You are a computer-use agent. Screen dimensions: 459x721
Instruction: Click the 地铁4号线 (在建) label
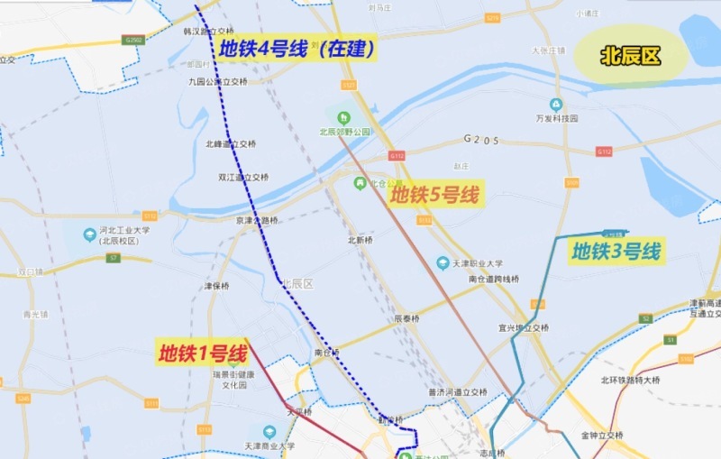pyautogui.click(x=296, y=49)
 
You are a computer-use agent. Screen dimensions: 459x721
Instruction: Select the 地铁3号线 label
pyautogui.click(x=616, y=251)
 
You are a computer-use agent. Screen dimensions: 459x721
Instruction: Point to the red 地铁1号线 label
pyautogui.click(x=203, y=353)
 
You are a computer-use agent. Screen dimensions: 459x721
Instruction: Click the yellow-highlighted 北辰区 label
pyautogui.click(x=631, y=56)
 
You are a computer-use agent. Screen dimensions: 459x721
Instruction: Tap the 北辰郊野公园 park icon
pyautogui.click(x=342, y=115)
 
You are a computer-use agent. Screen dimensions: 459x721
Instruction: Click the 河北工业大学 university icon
pyautogui.click(x=89, y=234)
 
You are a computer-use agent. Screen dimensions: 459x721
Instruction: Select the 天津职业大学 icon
pyautogui.click(x=443, y=263)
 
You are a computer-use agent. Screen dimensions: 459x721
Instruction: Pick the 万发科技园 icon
pyautogui.click(x=556, y=105)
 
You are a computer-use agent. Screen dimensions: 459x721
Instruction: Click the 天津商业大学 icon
pyautogui.click(x=269, y=432)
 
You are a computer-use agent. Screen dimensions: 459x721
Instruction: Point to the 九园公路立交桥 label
pyautogui.click(x=217, y=81)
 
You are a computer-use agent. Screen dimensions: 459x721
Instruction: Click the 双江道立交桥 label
pyautogui.click(x=243, y=178)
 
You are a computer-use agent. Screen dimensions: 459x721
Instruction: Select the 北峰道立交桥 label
pyautogui.click(x=231, y=143)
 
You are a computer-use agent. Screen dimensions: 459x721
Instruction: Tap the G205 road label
pyautogui.click(x=481, y=140)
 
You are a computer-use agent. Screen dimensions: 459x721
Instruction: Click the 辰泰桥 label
pyautogui.click(x=407, y=318)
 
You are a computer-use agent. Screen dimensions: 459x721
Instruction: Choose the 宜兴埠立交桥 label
pyautogui.click(x=523, y=327)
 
